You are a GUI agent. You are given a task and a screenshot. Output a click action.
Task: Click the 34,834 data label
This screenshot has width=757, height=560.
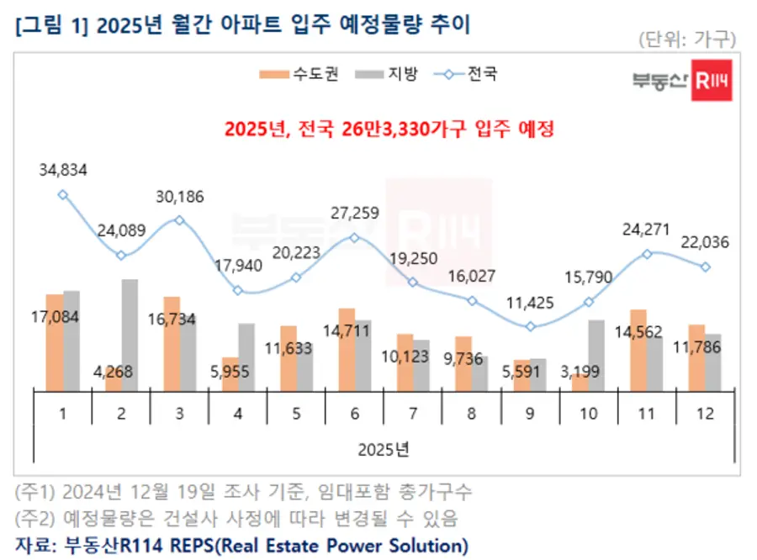click(x=62, y=171)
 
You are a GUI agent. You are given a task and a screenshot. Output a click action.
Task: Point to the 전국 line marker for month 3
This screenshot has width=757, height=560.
click(x=179, y=219)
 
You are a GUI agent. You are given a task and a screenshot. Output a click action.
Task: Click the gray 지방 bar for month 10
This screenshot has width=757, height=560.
click(x=596, y=354)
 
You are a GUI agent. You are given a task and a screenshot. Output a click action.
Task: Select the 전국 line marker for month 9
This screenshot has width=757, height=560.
click(x=529, y=326)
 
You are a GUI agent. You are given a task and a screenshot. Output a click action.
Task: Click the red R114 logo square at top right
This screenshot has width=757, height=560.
click(x=711, y=80)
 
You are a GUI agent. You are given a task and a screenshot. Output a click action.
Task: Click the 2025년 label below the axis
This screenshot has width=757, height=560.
click(x=383, y=447)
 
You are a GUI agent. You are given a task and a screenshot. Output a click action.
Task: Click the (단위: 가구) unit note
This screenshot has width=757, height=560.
click(x=687, y=39)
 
